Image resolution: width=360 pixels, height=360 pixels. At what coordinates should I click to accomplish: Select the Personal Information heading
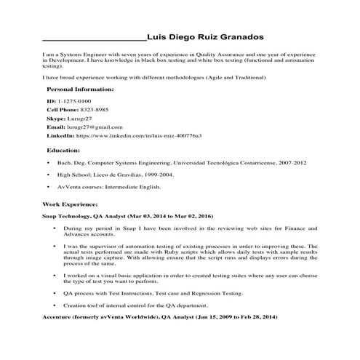click(x=80, y=89)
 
